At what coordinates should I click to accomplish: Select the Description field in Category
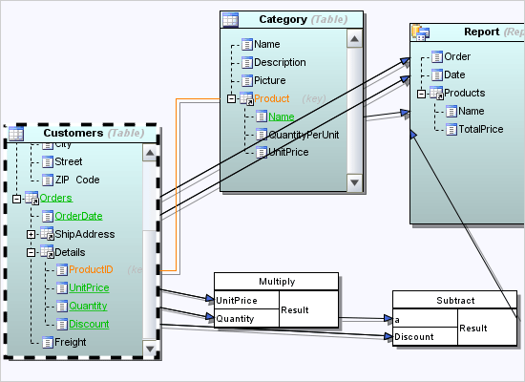pos(280,62)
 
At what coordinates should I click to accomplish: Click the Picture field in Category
pos(269,80)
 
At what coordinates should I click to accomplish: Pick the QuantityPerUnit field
pos(304,135)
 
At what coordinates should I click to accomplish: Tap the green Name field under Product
pos(281,117)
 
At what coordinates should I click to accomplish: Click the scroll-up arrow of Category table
pos(354,39)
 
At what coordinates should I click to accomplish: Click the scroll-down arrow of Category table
pos(354,181)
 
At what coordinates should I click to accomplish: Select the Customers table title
pos(73,133)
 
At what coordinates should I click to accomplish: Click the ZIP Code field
pos(77,180)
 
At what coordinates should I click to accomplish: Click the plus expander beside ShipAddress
pos(31,234)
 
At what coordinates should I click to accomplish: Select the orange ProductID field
pos(92,270)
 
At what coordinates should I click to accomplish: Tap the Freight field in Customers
pos(72,342)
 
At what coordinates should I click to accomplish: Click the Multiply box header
pos(277,282)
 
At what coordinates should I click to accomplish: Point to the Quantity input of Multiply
pos(235,318)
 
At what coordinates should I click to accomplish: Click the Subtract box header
pos(454,300)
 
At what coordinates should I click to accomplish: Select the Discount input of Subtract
pos(414,336)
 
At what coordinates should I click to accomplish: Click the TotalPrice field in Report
pos(480,129)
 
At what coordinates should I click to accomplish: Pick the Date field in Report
pos(454,74)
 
